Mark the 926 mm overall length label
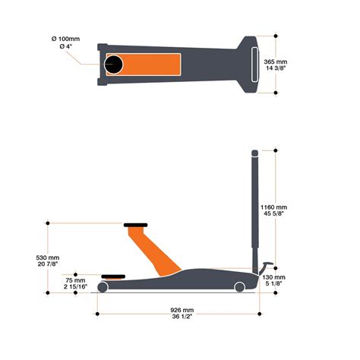coord(182,310)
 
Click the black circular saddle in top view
coord(115,65)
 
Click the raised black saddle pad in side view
coord(136,224)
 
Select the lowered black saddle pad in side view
coord(111,277)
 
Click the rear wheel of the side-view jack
coord(240,286)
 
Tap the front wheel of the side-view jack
coord(103,288)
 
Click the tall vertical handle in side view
coord(253,205)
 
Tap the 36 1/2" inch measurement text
coord(182,318)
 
